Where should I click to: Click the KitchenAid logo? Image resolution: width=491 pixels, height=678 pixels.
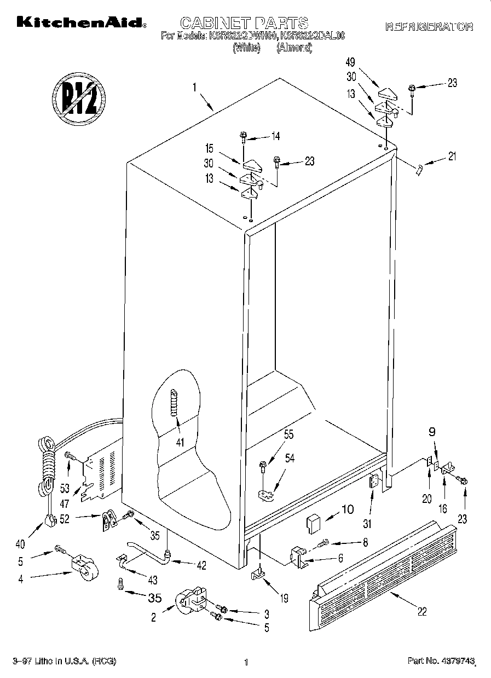(x=81, y=23)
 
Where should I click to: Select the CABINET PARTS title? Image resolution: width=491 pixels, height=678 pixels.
(x=244, y=22)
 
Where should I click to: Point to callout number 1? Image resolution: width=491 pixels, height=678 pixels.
(x=194, y=86)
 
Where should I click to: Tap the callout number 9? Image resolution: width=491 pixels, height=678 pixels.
(x=432, y=432)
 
